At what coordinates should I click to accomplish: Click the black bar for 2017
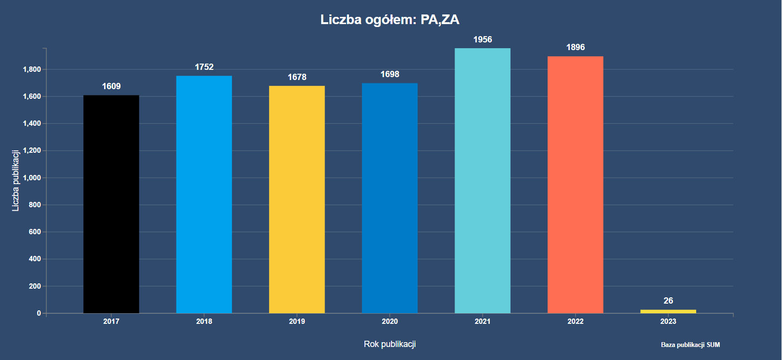[x=111, y=204]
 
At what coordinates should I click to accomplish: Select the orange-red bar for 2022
[x=575, y=185]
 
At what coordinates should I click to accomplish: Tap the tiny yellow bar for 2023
[x=668, y=311]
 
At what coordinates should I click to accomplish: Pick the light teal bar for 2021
[x=483, y=181]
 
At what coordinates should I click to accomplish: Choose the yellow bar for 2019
[x=297, y=200]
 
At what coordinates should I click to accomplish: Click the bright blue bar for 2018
[x=204, y=195]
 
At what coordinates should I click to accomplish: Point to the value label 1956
[x=483, y=40]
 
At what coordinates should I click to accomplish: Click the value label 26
[x=668, y=301]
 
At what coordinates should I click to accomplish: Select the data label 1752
[x=204, y=67]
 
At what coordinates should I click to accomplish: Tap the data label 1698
[x=390, y=74]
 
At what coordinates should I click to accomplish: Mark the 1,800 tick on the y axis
[x=32, y=69]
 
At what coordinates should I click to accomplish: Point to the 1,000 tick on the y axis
[x=32, y=178]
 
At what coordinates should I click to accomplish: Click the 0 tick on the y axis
[x=39, y=313]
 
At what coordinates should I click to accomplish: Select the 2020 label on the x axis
[x=390, y=321]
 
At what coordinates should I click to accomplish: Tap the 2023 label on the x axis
[x=668, y=321]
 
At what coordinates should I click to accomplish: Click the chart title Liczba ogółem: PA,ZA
[x=390, y=20]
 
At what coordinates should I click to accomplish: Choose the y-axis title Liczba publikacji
[x=15, y=181]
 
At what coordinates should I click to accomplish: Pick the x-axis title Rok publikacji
[x=390, y=344]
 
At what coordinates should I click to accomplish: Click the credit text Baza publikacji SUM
[x=690, y=345]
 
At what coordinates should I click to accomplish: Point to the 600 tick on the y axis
[x=35, y=232]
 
